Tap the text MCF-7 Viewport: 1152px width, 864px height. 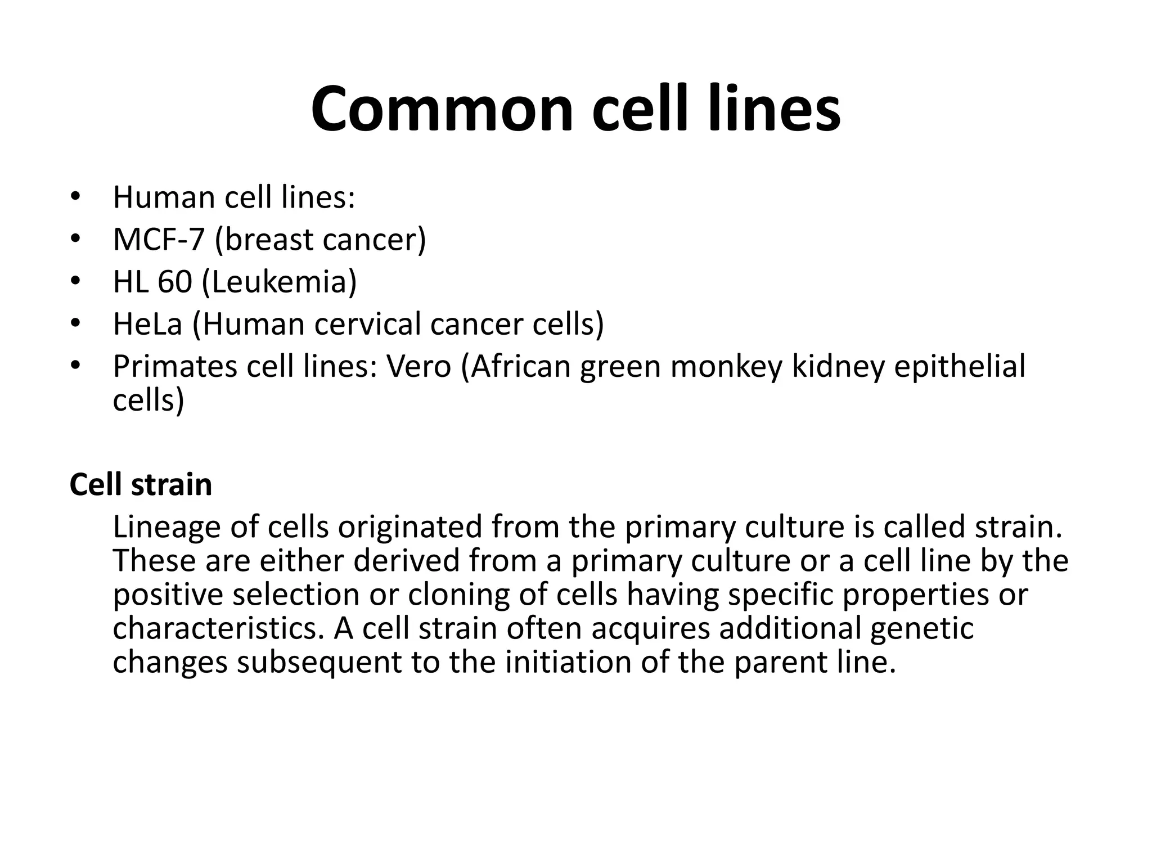point(158,240)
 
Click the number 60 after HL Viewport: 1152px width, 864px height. point(174,282)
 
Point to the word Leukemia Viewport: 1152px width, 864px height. point(278,282)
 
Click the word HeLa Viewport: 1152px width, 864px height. point(148,324)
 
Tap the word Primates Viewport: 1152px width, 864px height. point(174,366)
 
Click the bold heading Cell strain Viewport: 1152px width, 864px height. point(141,484)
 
